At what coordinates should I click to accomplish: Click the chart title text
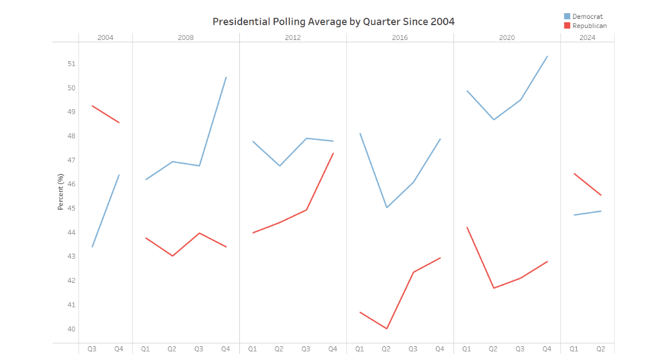[334, 22]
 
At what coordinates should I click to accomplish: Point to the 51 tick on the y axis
[71, 64]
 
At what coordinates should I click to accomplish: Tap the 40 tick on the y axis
[71, 329]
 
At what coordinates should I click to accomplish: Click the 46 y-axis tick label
[71, 185]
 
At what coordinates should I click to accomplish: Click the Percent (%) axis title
[61, 192]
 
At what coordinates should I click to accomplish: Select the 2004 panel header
[106, 38]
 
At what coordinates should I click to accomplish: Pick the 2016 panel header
[400, 38]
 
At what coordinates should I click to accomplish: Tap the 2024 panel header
[587, 38]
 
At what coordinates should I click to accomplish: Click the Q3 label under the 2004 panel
[92, 349]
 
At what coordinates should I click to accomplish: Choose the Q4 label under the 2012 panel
[333, 349]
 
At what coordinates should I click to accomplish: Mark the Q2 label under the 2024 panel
[601, 349]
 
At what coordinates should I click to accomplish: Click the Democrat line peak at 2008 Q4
[226, 77]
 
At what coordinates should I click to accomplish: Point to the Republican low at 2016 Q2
[387, 329]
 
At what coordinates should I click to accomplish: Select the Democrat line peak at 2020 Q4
[547, 56]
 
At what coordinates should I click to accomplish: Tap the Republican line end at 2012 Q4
[333, 153]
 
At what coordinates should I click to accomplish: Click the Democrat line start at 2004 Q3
[92, 247]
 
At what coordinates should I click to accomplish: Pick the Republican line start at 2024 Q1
[574, 173]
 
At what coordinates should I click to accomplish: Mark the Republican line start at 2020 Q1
[467, 227]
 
